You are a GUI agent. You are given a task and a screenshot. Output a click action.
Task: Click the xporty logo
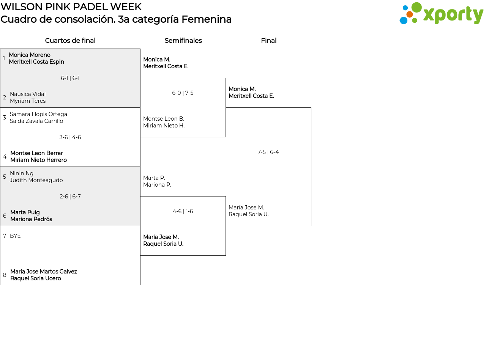441,13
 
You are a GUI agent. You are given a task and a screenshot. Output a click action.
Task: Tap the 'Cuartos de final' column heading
70,41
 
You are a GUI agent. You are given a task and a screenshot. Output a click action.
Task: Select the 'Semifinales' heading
183,41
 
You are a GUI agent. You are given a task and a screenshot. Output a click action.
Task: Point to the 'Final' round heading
269,41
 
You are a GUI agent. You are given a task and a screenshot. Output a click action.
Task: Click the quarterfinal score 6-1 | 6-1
70,78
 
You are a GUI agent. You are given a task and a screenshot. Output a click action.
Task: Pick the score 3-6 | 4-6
70,137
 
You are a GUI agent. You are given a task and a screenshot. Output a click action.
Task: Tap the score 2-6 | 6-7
70,197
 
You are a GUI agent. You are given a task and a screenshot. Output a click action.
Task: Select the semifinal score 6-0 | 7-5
183,93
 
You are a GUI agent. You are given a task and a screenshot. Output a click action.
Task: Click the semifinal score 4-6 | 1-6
183,211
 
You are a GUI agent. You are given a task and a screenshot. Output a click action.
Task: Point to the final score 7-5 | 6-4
268,152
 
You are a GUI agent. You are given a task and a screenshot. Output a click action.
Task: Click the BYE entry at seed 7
15,236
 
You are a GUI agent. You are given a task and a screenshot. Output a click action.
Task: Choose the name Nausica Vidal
28,94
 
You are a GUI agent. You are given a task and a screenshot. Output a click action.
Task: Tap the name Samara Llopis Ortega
39,114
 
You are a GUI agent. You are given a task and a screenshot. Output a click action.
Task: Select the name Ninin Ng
22,173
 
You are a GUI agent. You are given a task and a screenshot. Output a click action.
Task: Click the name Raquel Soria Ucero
36,278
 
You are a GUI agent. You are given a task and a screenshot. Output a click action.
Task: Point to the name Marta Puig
25,212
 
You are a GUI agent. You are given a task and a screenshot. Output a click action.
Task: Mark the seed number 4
5,157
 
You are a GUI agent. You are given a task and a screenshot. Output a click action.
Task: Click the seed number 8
5,275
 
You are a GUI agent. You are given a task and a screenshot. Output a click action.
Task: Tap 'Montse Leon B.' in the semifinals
164,119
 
